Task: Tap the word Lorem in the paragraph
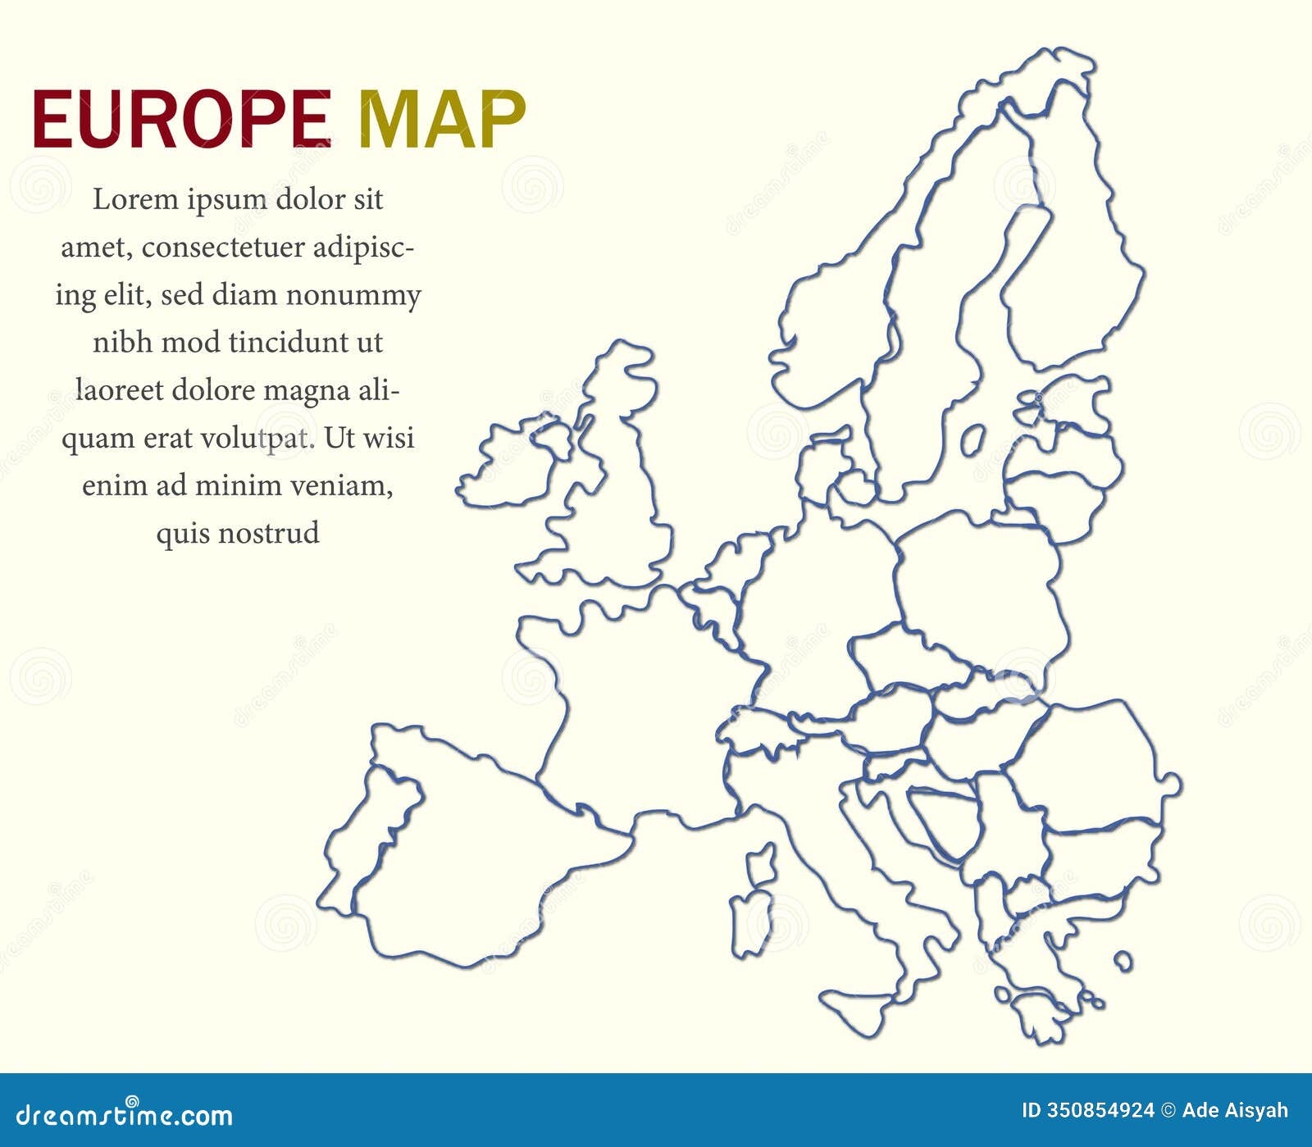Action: tap(134, 199)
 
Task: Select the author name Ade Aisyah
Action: tap(1235, 1111)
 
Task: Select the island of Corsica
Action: tap(762, 864)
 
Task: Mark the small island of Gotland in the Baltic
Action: tap(973, 440)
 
